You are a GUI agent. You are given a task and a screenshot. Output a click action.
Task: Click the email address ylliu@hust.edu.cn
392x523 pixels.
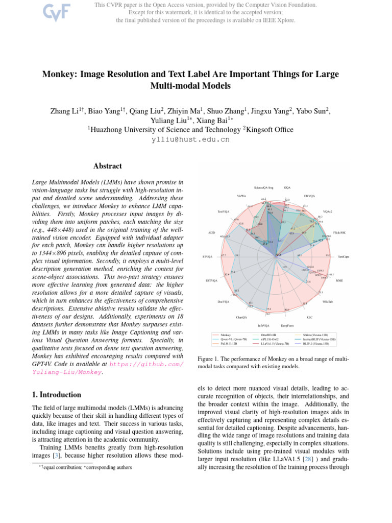click(190, 139)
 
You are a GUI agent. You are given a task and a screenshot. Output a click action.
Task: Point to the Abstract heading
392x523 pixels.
click(108, 166)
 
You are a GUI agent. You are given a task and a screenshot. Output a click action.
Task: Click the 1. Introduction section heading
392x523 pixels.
click(56, 395)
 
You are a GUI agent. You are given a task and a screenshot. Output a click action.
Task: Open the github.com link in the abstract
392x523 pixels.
click(146, 365)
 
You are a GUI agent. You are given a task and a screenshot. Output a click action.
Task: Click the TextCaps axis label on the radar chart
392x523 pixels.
click(343, 257)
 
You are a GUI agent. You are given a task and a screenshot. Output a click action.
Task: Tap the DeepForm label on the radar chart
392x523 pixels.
click(287, 325)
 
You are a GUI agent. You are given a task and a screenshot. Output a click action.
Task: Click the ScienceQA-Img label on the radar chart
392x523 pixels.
click(263, 188)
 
